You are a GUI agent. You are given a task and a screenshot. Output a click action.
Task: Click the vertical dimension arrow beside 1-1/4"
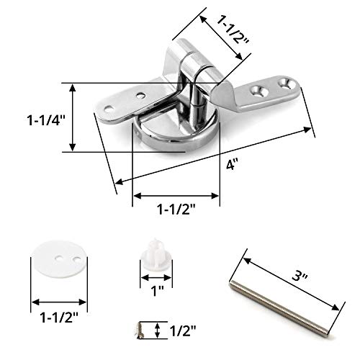[72, 117]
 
